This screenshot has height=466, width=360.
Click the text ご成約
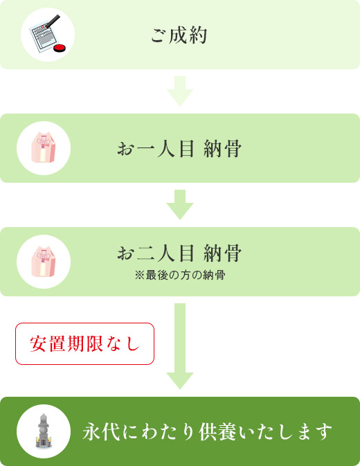179,36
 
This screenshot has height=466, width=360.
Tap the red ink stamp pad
60,48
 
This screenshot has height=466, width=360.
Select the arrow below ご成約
180,91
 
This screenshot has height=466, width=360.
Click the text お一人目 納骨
179,149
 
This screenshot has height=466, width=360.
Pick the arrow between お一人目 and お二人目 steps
180,205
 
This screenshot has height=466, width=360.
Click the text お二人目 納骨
179,253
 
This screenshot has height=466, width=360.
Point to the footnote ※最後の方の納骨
180,275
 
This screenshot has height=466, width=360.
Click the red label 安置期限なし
84,343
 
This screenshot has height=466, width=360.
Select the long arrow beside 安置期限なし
180,346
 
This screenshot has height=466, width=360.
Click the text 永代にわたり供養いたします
207,432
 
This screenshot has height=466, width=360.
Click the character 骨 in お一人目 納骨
233,149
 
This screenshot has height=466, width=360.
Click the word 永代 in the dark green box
101,432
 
